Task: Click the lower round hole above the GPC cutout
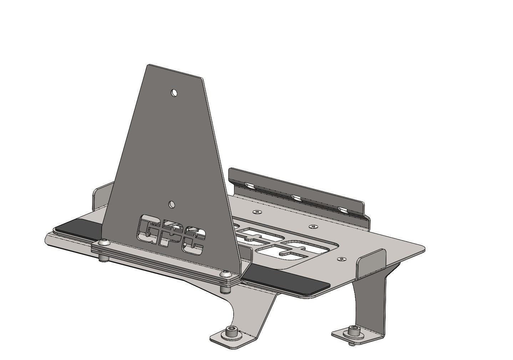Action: coord(172,204)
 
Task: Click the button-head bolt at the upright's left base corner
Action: coord(103,242)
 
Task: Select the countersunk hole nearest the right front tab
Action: coord(342,258)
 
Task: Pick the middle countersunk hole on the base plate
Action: coord(313,226)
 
